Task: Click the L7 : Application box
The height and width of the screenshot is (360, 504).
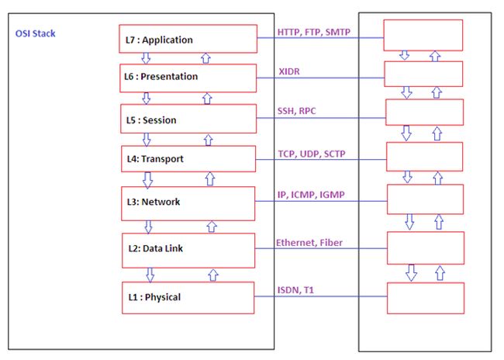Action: click(x=188, y=40)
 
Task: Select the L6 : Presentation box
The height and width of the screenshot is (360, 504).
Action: click(x=188, y=78)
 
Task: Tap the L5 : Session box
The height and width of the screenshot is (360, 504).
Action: click(x=188, y=119)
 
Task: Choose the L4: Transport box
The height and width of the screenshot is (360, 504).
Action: click(x=188, y=159)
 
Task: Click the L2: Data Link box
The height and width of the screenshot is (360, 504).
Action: click(x=188, y=250)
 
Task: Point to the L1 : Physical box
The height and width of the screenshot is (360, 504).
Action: click(x=188, y=297)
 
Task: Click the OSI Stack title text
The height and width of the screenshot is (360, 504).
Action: click(x=36, y=34)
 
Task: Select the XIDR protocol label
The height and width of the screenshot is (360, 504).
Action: click(x=290, y=71)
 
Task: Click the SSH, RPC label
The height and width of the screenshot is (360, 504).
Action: click(x=297, y=112)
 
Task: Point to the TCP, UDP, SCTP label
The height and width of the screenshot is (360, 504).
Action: click(x=312, y=154)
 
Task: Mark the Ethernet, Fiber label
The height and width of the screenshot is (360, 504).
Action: click(x=309, y=243)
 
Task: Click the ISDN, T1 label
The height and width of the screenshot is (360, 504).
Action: click(x=295, y=290)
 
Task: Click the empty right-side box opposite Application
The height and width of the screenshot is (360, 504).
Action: click(x=423, y=35)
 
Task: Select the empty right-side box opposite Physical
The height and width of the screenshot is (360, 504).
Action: click(x=426, y=297)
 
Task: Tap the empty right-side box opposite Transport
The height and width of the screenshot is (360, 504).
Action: click(x=424, y=157)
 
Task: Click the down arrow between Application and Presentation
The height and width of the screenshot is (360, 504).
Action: click(x=146, y=58)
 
